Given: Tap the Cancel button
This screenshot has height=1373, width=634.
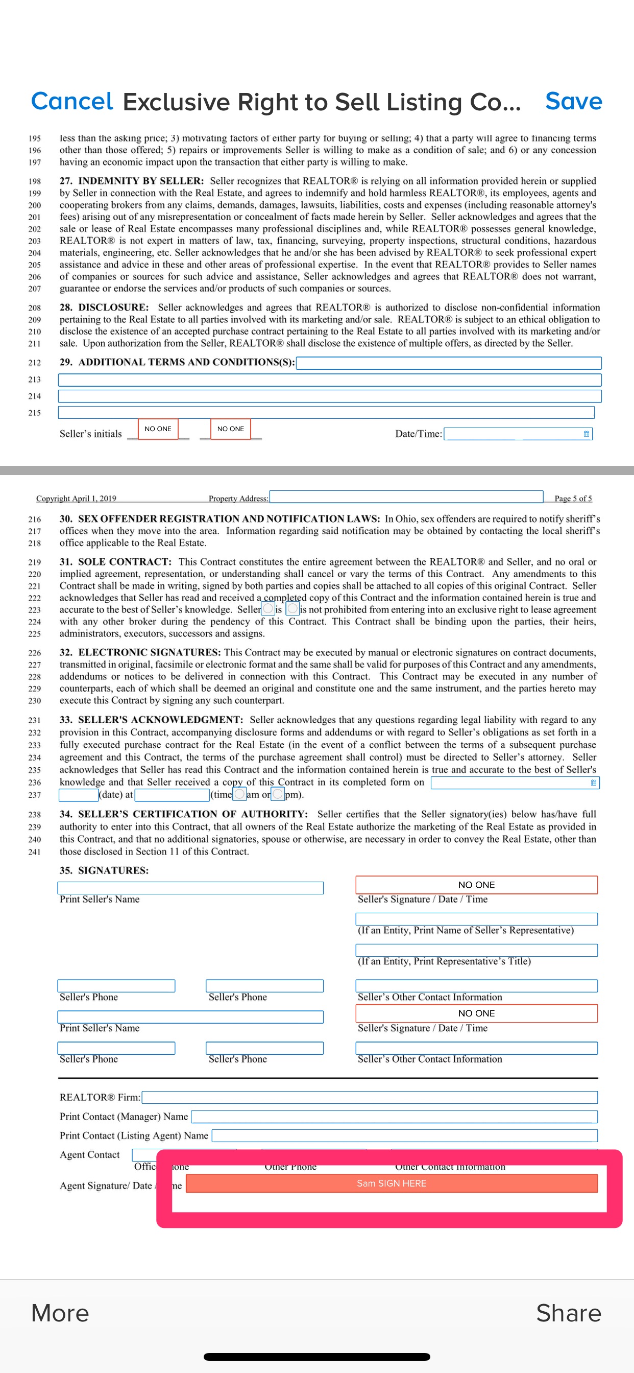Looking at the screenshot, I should point(72,101).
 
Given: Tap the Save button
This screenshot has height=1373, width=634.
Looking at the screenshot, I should point(573,101).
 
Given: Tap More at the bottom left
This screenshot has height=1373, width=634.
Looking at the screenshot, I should point(60,1313).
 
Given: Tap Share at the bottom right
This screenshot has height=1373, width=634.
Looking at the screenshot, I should point(568,1313).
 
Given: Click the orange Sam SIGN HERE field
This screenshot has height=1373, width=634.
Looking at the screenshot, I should point(391,1183).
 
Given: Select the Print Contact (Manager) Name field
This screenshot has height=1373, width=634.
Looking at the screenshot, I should point(394,1117).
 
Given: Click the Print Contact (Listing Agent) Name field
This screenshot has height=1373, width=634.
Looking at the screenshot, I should point(404,1136).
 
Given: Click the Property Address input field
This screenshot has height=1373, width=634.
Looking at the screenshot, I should point(406,497).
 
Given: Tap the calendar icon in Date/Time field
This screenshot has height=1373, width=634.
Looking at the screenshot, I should point(586,434).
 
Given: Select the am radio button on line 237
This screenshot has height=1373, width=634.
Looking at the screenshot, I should point(240,794).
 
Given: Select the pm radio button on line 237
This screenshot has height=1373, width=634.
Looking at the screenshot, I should point(278,794).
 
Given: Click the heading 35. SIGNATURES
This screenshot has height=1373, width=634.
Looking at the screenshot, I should point(104,870).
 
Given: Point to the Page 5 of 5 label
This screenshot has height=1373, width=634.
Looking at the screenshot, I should point(573,499).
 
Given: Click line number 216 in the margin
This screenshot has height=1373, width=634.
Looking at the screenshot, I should point(35,519).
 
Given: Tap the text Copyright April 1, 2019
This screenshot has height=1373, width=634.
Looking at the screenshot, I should point(76,499).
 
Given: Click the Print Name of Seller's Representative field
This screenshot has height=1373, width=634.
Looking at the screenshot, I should point(476,919).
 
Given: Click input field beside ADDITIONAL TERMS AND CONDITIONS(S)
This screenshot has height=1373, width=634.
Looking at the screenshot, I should point(448,363).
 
